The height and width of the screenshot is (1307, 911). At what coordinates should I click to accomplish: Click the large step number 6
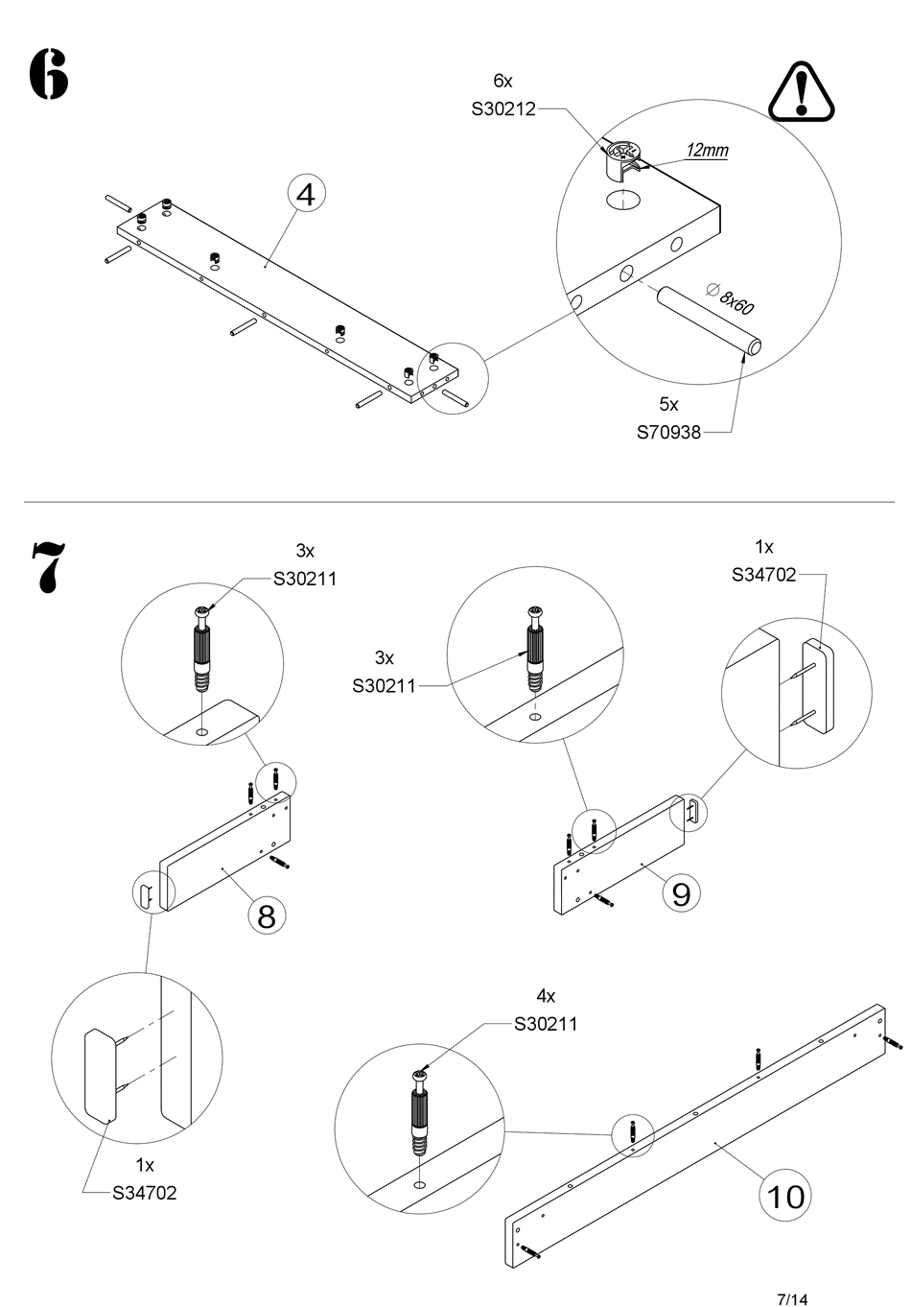[x=48, y=74]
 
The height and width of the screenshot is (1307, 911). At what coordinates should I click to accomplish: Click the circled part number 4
[x=306, y=195]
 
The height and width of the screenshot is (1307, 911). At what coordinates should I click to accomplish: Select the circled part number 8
[x=267, y=915]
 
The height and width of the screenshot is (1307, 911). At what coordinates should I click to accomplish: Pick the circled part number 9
[x=681, y=894]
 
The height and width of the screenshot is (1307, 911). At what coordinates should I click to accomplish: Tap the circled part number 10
[x=784, y=1196]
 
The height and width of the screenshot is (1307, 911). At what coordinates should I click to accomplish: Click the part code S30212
[x=503, y=109]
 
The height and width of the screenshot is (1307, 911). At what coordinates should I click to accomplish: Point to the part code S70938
[x=669, y=432]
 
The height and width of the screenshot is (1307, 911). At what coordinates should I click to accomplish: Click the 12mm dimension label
[x=707, y=150]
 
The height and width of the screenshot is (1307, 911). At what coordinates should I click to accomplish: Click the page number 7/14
[x=792, y=1299]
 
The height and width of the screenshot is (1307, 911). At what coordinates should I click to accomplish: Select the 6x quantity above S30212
[x=502, y=81]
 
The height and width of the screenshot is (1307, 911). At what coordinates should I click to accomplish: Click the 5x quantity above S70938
[x=668, y=404]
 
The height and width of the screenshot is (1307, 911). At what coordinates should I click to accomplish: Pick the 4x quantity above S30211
[x=546, y=996]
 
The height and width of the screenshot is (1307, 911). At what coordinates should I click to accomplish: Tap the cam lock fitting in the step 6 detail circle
[x=623, y=158]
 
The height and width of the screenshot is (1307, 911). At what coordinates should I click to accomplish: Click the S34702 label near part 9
[x=763, y=575]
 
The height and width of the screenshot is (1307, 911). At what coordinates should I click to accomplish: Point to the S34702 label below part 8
[x=145, y=1193]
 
